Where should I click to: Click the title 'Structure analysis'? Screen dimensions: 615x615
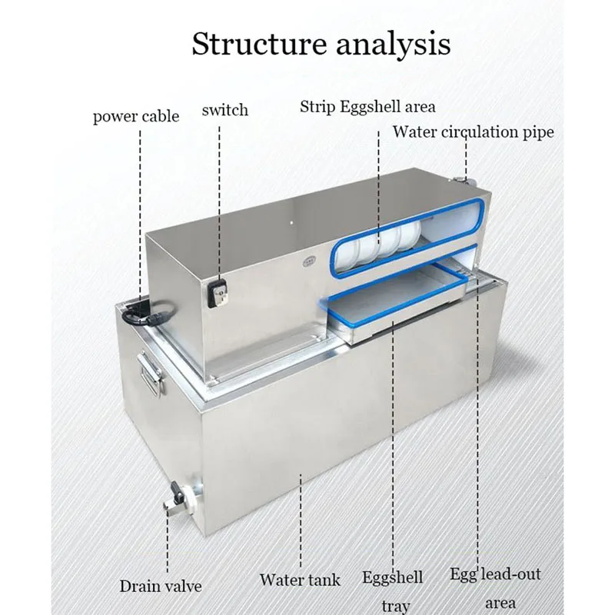click(321, 44)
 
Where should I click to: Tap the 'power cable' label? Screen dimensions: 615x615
click(136, 117)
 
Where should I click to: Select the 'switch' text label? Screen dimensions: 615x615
click(224, 110)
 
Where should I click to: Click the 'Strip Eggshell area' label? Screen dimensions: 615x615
click(367, 106)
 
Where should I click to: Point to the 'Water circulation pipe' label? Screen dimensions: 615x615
click(474, 131)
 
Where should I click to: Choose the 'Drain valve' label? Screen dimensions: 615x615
click(160, 586)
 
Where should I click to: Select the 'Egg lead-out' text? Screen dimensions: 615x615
click(495, 574)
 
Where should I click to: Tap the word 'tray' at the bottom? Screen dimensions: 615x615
click(396, 606)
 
